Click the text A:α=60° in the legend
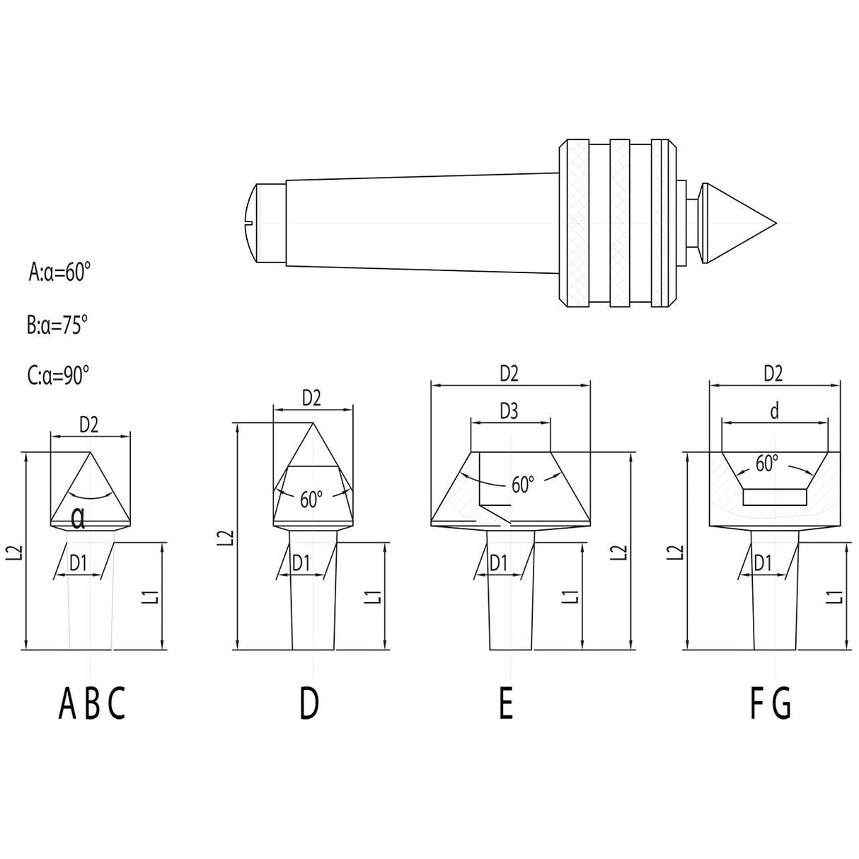click(60, 272)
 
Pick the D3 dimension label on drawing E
click(509, 410)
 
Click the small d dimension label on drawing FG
click(775, 411)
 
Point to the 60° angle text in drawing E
click(522, 485)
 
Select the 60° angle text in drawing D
click(311, 499)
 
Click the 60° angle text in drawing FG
click(766, 463)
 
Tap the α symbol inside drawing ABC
click(78, 521)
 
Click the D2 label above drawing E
click(509, 374)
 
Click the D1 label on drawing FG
click(763, 563)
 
